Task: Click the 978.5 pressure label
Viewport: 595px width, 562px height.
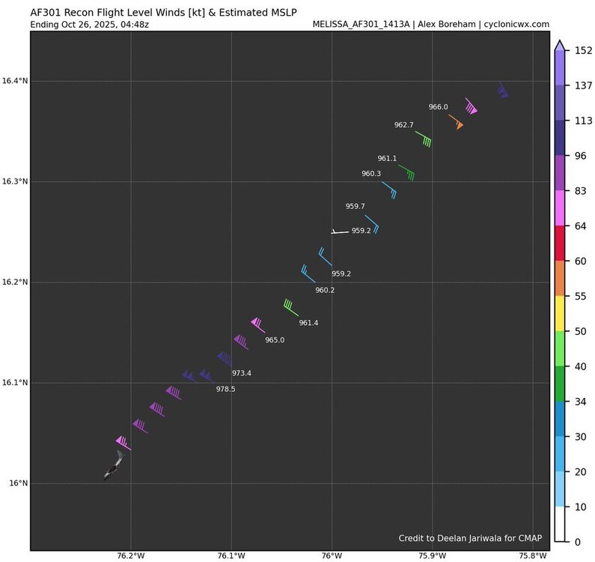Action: point(225,389)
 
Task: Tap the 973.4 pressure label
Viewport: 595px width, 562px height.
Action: point(242,373)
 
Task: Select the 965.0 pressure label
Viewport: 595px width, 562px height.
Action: point(275,340)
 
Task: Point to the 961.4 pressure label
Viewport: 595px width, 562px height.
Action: point(308,323)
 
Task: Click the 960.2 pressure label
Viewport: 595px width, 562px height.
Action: point(325,290)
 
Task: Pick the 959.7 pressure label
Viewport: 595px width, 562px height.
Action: point(355,206)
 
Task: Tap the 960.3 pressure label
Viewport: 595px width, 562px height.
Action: point(371,174)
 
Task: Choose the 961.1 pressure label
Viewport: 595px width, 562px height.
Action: point(387,158)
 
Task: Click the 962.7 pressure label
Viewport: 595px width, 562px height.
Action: point(404,124)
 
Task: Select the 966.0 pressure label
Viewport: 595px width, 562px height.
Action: point(438,107)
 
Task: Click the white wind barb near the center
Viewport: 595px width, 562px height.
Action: point(340,232)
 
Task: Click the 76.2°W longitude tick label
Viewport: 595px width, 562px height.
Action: point(131,556)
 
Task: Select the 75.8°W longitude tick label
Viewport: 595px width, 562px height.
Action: point(533,556)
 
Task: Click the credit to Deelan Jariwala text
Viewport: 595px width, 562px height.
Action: point(470,538)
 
